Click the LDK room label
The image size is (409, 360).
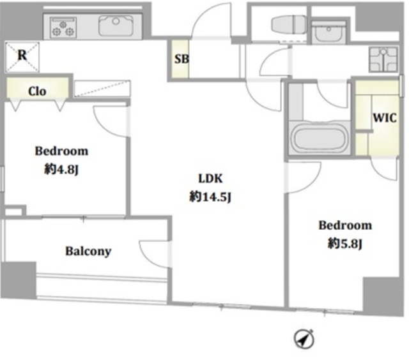(x=210, y=179)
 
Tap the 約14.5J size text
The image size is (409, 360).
(x=210, y=197)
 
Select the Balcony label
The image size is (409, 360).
(x=88, y=251)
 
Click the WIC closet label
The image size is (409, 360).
(x=385, y=117)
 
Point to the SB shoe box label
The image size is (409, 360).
(x=181, y=59)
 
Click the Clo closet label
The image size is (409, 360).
(x=37, y=91)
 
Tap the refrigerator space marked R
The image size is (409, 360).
(x=22, y=57)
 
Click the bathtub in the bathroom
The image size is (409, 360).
(x=319, y=137)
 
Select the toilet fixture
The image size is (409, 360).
(x=289, y=24)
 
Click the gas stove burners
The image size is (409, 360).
(x=63, y=27)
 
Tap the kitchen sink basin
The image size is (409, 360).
(x=116, y=26)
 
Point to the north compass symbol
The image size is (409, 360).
(x=304, y=339)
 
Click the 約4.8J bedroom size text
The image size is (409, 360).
(x=61, y=170)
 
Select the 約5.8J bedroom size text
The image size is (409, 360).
(x=345, y=244)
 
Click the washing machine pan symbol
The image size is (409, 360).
(x=383, y=59)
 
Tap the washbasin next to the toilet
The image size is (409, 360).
(x=328, y=33)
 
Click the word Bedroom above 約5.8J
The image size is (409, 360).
(x=345, y=225)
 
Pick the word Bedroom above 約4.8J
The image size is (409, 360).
(x=61, y=151)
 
